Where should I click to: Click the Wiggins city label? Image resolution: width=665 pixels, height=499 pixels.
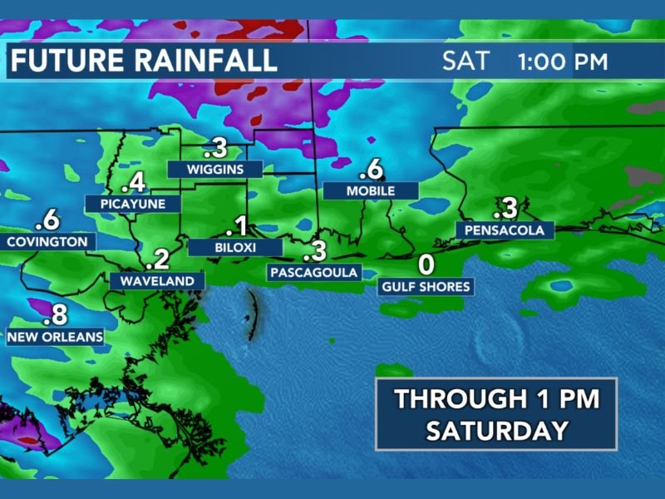tap(215, 169)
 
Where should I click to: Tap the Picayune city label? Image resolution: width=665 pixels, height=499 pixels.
tap(126, 204)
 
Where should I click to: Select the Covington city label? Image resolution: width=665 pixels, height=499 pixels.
tap(47, 242)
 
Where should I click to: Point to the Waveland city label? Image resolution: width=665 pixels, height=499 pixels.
tap(157, 281)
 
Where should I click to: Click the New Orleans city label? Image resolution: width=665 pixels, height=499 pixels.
tap(55, 338)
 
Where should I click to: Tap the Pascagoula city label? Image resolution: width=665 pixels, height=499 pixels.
tap(313, 272)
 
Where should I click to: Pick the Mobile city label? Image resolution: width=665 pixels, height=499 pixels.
tap(370, 190)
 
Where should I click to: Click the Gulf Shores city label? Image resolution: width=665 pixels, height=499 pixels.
tap(426, 287)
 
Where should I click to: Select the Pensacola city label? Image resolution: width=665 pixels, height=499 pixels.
tap(505, 230)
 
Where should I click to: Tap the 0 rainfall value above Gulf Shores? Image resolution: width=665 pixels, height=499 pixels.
tap(426, 265)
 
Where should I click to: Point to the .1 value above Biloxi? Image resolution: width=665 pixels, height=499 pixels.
tap(237, 226)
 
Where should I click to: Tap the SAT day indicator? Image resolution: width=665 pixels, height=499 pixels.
tap(466, 62)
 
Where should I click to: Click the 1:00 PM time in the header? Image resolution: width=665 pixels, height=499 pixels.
tap(562, 62)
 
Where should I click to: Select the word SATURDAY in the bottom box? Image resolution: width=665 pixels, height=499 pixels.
tap(496, 431)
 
